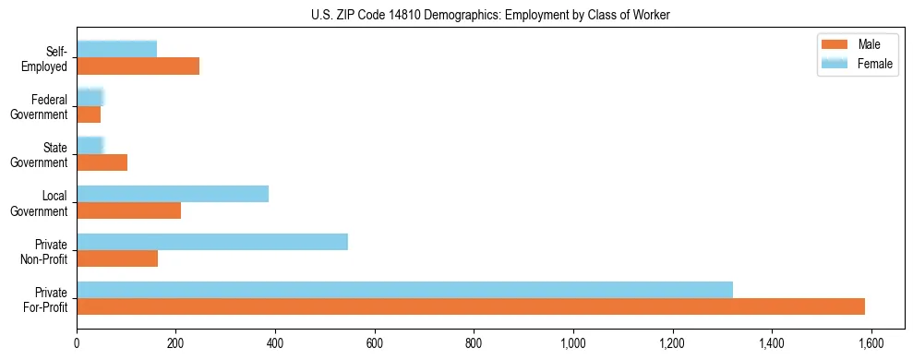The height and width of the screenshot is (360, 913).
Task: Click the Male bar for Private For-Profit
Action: [471, 306]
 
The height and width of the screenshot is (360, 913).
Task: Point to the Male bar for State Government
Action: [102, 162]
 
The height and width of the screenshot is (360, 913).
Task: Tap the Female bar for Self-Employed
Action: [116, 49]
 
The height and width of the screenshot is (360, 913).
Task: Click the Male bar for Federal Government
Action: [89, 114]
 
